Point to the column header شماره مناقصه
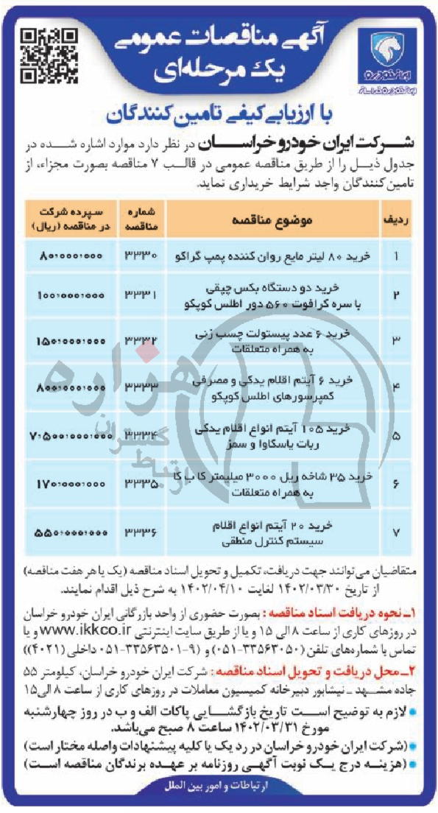[143, 219]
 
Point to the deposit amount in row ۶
[63, 485]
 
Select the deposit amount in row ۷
[63, 532]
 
